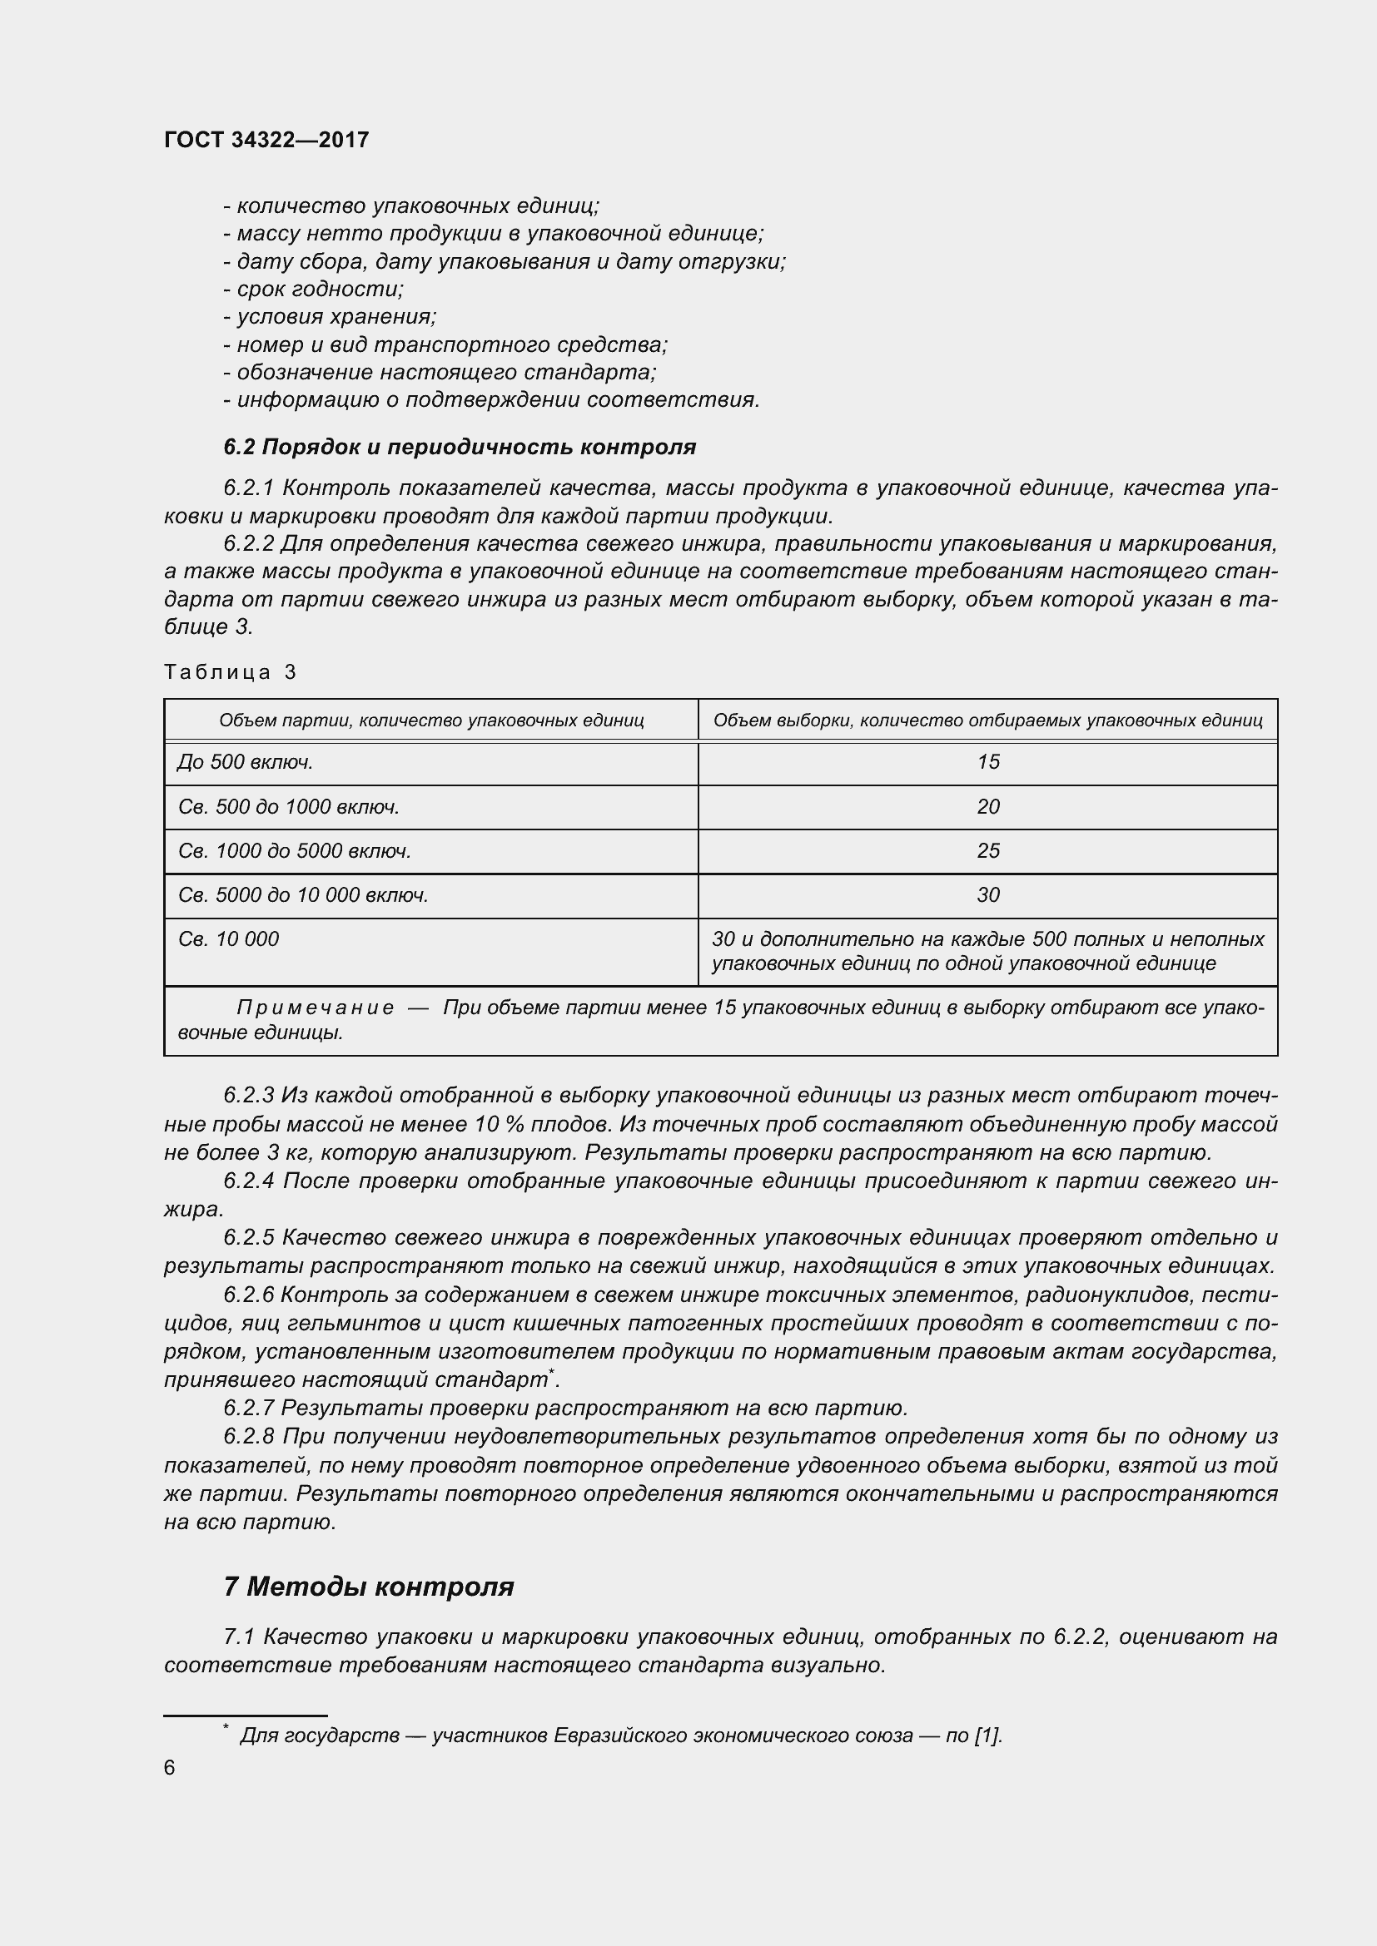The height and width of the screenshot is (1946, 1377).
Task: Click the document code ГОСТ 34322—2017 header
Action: [x=266, y=140]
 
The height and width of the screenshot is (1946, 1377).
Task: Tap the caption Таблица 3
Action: [x=230, y=672]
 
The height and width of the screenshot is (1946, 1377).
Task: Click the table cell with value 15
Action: [x=988, y=762]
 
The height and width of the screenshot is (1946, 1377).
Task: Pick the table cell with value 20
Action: [x=988, y=806]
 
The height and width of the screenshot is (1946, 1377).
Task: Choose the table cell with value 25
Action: [x=988, y=850]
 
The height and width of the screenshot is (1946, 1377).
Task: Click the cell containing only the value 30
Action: [x=988, y=894]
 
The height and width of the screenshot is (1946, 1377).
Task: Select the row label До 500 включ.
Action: [x=246, y=762]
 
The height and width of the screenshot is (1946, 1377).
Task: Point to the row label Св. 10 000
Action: [x=229, y=939]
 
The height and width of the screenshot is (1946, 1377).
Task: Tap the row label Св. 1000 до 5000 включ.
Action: [x=294, y=850]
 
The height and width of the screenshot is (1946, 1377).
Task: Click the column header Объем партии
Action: [x=431, y=720]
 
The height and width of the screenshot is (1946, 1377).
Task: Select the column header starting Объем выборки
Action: [x=988, y=720]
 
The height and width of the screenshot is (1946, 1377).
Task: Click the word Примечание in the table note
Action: [x=315, y=1008]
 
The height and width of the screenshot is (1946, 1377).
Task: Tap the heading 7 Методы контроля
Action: [x=369, y=1586]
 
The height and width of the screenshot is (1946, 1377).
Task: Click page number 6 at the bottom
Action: [x=170, y=1767]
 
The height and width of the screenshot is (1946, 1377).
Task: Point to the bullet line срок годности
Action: [x=314, y=289]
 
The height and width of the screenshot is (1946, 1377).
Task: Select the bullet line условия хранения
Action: [x=330, y=317]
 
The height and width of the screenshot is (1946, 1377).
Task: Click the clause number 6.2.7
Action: [x=248, y=1409]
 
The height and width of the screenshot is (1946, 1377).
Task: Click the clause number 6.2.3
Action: [x=248, y=1096]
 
